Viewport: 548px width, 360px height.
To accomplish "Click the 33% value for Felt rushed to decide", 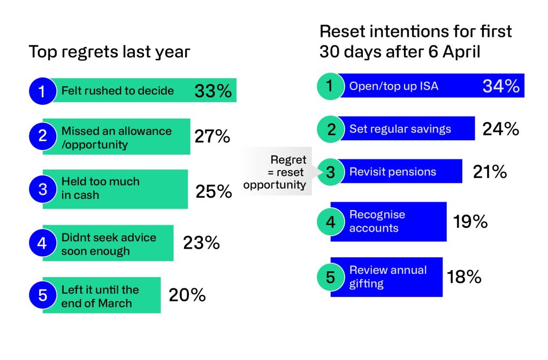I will (213, 91).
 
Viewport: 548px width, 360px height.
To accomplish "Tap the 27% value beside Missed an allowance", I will (212, 136).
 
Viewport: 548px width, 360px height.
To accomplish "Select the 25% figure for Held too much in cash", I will (214, 192).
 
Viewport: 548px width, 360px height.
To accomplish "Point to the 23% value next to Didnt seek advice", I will (201, 243).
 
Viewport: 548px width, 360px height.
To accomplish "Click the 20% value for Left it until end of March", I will (187, 295).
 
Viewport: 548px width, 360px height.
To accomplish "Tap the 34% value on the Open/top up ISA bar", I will (501, 86).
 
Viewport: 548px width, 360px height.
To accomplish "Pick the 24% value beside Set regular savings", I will (500, 129).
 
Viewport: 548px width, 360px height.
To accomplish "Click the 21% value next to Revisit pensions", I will (490, 172).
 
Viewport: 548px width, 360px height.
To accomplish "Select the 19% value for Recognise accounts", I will (470, 221).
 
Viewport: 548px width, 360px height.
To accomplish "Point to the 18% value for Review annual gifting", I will (464, 277).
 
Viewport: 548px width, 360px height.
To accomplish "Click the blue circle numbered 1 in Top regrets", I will (42, 91).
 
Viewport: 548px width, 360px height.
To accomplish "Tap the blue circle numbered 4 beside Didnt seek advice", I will (42, 243).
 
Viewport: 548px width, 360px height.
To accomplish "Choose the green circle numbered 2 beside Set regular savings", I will (330, 129).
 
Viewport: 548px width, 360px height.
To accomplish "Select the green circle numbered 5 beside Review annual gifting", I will (330, 277).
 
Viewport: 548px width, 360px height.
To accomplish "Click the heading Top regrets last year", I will (109, 52).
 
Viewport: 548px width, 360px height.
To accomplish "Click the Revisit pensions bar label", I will (392, 172).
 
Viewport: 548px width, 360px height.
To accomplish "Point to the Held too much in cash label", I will (100, 188).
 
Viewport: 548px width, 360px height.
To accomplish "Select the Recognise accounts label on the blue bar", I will (377, 221).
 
